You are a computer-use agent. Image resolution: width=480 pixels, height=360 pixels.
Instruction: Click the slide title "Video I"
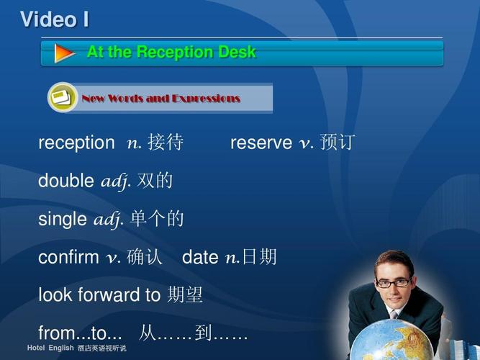pos(55,19)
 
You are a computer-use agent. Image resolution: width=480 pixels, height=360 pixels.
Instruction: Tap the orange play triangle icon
pos(63,53)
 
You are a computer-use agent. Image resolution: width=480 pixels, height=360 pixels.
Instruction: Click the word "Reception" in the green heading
pos(175,52)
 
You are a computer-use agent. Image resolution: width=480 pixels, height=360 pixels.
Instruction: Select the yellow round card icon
pos(63,97)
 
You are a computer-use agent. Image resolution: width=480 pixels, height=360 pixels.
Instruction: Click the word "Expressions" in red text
pos(206,99)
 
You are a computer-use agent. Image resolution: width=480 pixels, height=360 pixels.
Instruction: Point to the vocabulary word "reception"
pos(76,143)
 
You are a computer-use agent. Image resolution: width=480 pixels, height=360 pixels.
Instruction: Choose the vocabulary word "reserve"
pos(261,143)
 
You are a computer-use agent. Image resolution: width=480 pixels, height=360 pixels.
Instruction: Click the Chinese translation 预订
pos(338,142)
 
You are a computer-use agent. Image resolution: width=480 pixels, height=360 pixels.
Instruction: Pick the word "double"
pos(66,180)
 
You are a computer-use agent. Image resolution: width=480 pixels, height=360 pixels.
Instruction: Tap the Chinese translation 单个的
pos(156,218)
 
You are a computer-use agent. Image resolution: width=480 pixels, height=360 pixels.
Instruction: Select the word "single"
pos(63,220)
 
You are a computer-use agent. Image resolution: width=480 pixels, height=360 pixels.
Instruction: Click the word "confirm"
pos(68,257)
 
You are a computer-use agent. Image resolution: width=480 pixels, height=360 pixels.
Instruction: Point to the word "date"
pos(200,257)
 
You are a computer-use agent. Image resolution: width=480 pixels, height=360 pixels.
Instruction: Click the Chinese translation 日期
pos(259,256)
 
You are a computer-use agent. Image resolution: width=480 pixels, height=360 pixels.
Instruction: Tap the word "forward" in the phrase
pos(109,294)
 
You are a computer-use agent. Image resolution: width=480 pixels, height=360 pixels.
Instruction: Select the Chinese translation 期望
pos(185,294)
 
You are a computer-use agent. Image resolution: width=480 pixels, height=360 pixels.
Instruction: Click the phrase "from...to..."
pos(80,333)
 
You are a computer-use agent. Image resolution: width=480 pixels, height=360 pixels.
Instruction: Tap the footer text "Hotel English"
pos(50,348)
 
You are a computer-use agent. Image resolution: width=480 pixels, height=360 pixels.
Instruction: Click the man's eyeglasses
pos(394,282)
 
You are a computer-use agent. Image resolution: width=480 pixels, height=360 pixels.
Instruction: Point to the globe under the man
pos(391,340)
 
